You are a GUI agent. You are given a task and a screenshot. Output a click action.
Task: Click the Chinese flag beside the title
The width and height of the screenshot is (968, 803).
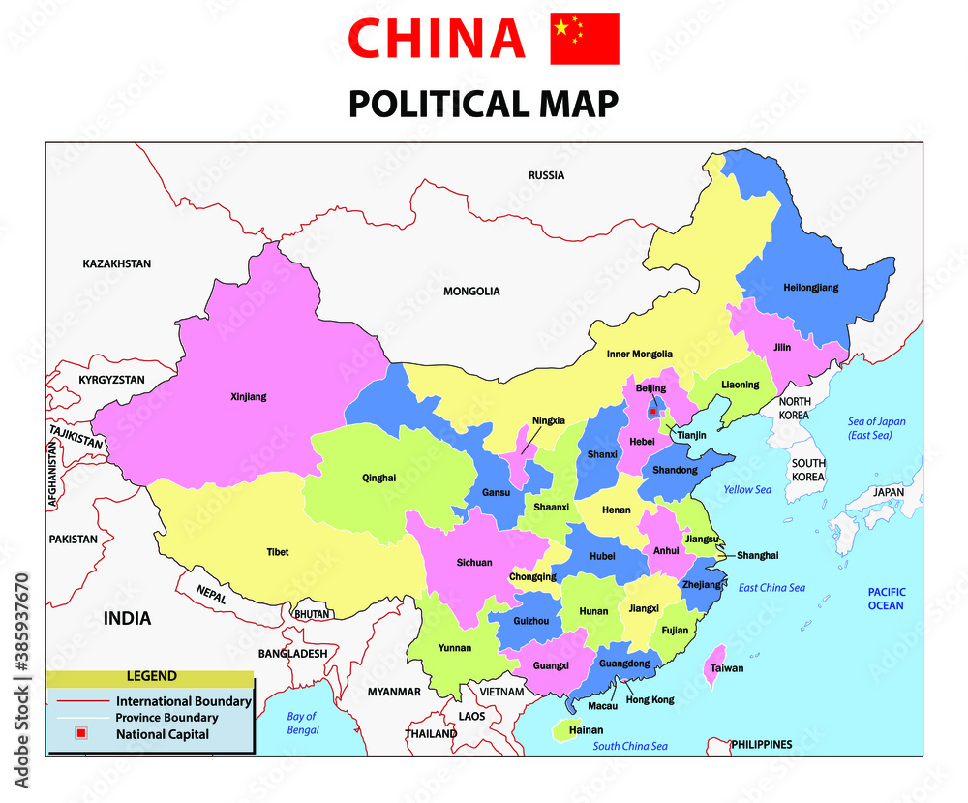tap(584, 39)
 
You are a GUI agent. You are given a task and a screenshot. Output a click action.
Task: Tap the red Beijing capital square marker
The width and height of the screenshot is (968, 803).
tap(653, 412)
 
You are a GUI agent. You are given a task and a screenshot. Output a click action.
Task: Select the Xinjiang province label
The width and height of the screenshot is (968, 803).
tap(249, 396)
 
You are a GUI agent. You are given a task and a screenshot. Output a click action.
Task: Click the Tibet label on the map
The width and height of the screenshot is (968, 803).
tap(277, 552)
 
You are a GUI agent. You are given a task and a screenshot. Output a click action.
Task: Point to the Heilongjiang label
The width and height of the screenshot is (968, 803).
tap(810, 288)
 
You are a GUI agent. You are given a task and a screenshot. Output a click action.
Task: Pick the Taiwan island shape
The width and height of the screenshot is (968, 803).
tap(717, 659)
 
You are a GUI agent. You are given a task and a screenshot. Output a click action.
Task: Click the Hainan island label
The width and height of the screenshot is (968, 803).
tap(586, 730)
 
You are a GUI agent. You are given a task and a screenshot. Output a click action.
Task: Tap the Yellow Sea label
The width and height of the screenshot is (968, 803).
tap(747, 490)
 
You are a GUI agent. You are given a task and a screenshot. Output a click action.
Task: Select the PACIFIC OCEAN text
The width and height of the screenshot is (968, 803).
tap(885, 599)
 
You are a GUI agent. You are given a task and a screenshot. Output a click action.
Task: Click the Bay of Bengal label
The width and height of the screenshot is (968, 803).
tap(302, 724)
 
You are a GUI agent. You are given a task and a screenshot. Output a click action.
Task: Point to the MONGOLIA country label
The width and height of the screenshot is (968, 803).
tap(471, 291)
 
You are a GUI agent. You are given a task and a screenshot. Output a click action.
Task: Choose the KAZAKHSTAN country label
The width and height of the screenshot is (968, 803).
tap(117, 263)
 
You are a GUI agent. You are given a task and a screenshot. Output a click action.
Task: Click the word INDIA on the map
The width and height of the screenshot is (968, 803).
tap(128, 618)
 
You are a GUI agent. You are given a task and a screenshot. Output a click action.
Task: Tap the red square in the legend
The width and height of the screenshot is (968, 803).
tap(81, 734)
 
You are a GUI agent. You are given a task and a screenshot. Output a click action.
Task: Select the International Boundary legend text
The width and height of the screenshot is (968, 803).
tap(184, 701)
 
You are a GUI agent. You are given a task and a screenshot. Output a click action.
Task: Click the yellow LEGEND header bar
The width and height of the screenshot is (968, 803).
tap(150, 676)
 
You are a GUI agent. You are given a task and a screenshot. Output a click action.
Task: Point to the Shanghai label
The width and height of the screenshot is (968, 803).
tap(757, 555)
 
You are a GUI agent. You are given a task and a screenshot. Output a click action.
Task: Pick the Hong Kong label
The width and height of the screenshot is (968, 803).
tap(650, 699)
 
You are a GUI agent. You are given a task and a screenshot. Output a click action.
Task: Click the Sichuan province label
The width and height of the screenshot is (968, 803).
tap(474, 562)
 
